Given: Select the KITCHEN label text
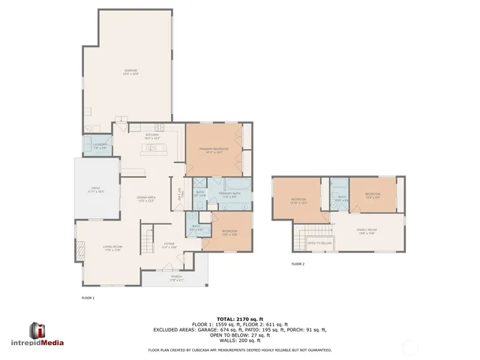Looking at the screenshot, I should point(153,136).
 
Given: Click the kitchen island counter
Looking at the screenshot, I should point(156,148).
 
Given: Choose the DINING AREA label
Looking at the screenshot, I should point(146,198).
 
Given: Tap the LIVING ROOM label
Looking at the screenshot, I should point(102,248).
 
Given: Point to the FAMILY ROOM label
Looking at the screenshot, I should point(367,231).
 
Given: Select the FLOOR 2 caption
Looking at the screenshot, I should point(298,264).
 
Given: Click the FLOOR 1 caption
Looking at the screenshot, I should point(88,298).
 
